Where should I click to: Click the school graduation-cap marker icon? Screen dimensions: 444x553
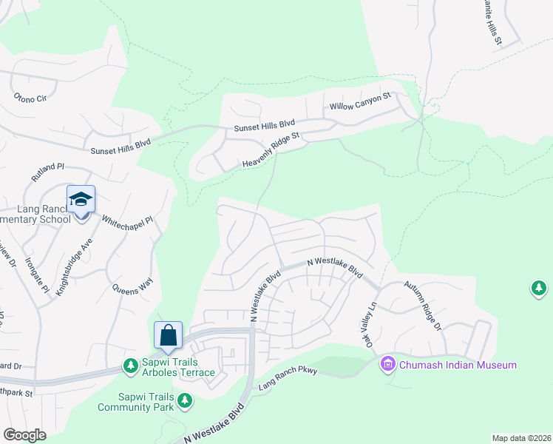click(81, 200)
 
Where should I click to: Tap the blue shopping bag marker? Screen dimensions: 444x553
click(169, 334)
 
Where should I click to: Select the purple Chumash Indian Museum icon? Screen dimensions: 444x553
click(387, 364)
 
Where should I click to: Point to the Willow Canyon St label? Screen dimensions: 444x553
click(359, 102)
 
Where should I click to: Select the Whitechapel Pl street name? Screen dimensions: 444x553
click(126, 221)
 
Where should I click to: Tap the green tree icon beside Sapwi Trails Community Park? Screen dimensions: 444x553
click(184, 401)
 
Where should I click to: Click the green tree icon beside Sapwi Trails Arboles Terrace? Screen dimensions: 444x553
click(130, 366)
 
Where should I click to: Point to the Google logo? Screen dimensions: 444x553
click(24, 435)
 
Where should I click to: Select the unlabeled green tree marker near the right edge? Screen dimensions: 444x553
click(539, 289)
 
